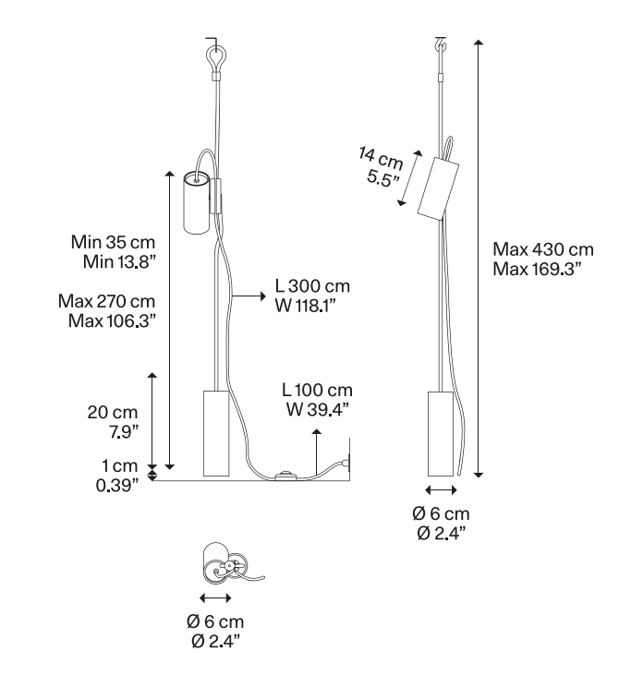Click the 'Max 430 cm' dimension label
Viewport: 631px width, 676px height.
coord(543,249)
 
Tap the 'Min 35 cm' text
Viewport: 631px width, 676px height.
coord(113,242)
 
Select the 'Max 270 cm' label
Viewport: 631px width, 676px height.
coord(106,301)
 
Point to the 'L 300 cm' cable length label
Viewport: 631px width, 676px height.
coord(312,286)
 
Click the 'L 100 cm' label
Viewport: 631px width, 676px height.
coord(317,390)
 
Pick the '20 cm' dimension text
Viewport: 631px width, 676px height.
coord(113,413)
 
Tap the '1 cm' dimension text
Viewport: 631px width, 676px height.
coord(120,466)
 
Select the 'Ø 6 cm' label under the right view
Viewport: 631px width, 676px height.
coord(441,513)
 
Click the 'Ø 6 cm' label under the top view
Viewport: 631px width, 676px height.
coord(215,622)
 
